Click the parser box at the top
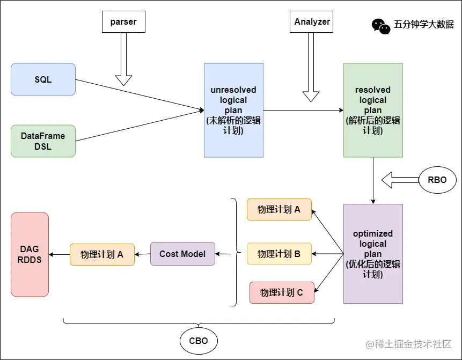coord(123,22)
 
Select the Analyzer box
coord(311,22)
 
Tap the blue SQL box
coord(43,79)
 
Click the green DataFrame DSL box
coord(43,141)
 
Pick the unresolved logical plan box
coord(233,110)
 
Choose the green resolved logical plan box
coord(373,110)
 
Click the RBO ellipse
coord(437,180)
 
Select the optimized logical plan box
coord(373,254)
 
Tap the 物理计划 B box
coord(280,254)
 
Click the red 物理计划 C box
coord(282,292)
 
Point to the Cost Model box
coord(182,254)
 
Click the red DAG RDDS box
coord(30,254)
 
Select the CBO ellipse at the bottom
coord(199,341)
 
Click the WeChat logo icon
coord(381,26)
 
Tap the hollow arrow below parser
coord(124,59)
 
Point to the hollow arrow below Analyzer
coord(311,67)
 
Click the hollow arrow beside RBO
coord(400,180)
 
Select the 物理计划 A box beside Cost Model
coord(102,254)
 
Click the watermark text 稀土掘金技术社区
coord(413,344)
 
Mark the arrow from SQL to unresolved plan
coord(140,95)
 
